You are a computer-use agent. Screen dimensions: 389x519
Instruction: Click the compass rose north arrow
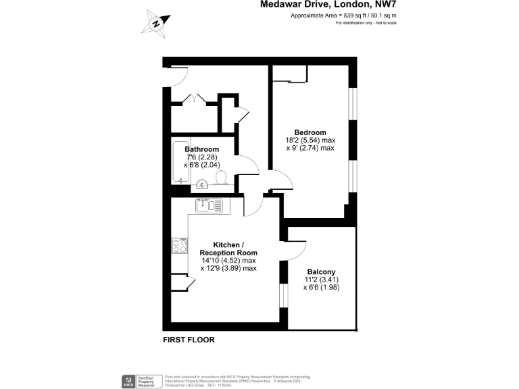tap(157, 23)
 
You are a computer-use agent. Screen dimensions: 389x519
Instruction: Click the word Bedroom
tap(310, 132)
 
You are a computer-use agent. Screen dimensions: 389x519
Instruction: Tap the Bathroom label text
tap(201, 149)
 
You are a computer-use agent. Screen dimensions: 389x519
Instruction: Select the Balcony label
tap(321, 272)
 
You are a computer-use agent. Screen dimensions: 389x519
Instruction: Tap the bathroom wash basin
tap(202, 184)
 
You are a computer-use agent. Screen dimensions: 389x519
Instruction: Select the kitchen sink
tap(209, 205)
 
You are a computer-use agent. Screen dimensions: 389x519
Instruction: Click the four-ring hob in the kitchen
tap(180, 246)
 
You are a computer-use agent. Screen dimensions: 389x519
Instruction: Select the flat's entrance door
tap(174, 76)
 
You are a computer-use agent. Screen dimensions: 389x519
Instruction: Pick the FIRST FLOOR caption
tap(189, 340)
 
